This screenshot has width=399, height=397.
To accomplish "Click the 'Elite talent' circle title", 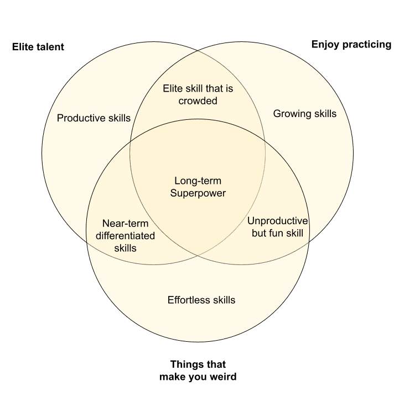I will coord(38,47).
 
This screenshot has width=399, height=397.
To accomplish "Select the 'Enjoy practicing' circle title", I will coord(351,44).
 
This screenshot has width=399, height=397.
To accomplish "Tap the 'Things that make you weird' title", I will coord(198,370).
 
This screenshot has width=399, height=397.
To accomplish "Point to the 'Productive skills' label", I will coord(94,118).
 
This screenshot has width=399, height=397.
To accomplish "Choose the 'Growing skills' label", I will coord(305,114).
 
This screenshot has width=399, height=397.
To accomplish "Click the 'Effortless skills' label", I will coord(201,300).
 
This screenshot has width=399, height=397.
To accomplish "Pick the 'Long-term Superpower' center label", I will coord(198,187).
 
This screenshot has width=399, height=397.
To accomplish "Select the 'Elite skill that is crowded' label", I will coord(198,94).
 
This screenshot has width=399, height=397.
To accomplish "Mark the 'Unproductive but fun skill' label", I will coord(278,226).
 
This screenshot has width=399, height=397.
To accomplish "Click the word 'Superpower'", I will coord(198,193).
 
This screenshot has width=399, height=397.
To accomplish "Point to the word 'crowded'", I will coord(198,100).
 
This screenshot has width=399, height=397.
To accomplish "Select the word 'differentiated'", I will coord(125,236).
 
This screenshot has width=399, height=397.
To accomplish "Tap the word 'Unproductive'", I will coord(278,220).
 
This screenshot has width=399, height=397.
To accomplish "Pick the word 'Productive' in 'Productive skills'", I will coord(81,118).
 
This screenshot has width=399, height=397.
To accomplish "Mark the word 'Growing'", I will coord(292,114).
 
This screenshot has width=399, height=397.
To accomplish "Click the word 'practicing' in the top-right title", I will coord(368,44).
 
